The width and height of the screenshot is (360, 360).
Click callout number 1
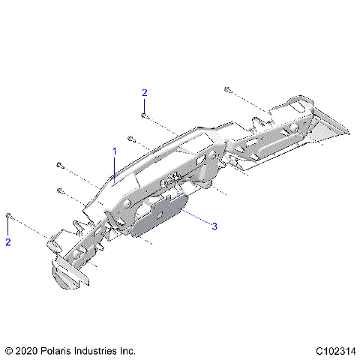click(115, 151)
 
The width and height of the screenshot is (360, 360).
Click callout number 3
click(214, 226)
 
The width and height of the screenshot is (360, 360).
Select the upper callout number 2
click(145, 92)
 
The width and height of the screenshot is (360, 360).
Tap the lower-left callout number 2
click(8, 242)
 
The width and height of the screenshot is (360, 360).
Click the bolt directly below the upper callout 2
click(145, 116)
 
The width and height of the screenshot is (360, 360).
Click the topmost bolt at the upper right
click(227, 89)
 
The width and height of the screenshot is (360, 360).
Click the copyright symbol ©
click(9, 350)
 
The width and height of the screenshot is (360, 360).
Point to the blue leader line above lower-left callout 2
click(8, 228)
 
